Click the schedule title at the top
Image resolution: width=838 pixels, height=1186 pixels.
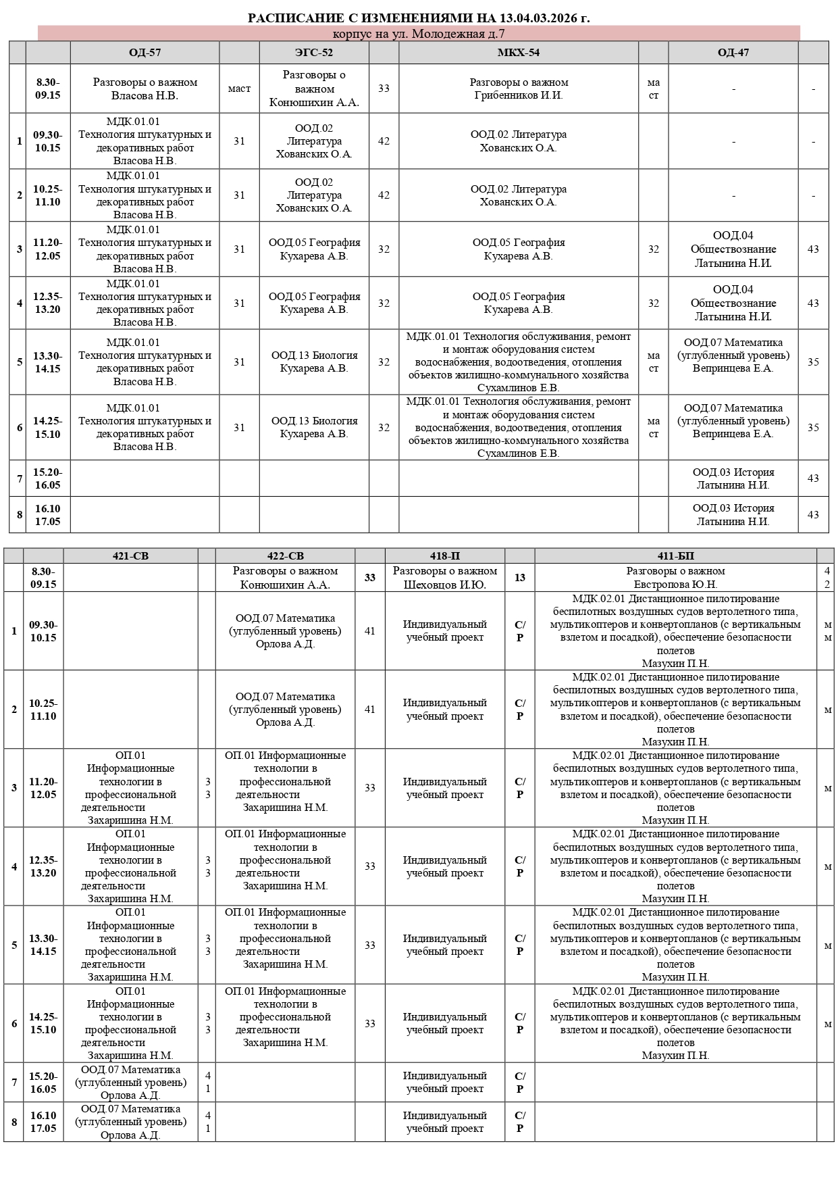pos(419,18)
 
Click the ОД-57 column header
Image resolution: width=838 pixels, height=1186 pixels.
pos(145,53)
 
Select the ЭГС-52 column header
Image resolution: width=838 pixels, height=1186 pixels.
pos(314,53)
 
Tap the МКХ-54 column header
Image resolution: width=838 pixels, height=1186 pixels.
pos(518,53)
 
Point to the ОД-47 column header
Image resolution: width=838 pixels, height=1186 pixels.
pos(733,53)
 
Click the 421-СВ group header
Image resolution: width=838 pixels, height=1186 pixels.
pos(130,556)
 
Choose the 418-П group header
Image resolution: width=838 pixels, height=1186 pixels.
pos(444,556)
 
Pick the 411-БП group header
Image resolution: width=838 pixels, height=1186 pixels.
pos(675,556)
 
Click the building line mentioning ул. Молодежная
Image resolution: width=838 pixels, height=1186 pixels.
pos(419,34)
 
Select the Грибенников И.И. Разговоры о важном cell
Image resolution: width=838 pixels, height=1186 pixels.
pos(519,89)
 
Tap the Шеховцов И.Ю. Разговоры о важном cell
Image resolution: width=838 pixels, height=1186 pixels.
pos(444,578)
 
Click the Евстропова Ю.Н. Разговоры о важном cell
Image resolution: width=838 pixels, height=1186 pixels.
pos(675,578)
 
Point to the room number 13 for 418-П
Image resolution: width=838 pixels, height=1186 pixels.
pos(519,578)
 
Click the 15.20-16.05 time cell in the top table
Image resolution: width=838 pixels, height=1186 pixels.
pos(47,478)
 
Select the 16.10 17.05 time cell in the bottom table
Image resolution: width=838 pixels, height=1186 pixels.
pos(43,1122)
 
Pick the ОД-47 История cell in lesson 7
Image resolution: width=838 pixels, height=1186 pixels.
pos(733,478)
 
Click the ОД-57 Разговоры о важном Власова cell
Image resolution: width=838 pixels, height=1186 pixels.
pos(145,89)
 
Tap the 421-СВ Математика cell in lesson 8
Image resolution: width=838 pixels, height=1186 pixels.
pos(130,1122)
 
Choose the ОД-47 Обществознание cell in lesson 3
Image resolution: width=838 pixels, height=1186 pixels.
pos(733,249)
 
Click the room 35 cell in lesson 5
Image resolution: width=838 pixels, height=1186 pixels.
pos(813,362)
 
